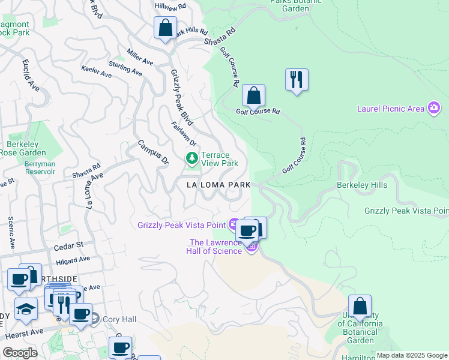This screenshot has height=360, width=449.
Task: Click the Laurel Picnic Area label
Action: click(390, 109)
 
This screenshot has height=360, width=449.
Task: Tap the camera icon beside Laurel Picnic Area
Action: click(433, 108)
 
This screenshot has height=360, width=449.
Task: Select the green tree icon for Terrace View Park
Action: click(191, 158)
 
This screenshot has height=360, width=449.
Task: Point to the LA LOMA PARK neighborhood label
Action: click(218, 185)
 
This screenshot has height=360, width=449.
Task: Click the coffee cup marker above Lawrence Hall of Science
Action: click(247, 230)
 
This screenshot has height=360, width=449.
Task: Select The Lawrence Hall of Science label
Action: click(216, 247)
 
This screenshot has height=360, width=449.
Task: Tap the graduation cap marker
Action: click(26, 308)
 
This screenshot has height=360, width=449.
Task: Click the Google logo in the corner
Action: click(20, 353)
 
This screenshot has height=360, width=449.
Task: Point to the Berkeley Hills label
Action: click(362, 185)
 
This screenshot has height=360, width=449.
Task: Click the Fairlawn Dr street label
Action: click(184, 134)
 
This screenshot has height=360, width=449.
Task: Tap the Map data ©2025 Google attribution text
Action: click(411, 355)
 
